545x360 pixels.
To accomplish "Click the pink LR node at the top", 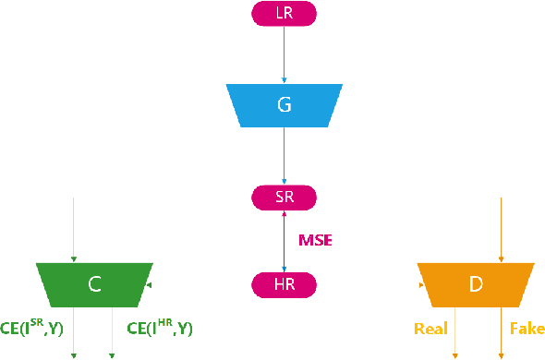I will click(284, 13).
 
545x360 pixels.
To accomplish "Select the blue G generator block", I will click(284, 105).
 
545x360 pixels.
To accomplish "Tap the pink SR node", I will click(284, 198).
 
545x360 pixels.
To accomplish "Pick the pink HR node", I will click(284, 284).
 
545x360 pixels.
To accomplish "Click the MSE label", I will click(314, 241).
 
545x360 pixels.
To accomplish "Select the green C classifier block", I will click(93, 285).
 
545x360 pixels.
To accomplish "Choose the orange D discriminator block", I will click(475, 285).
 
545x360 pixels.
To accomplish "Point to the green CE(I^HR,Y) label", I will click(159, 328).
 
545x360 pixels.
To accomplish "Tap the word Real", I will click(430, 328).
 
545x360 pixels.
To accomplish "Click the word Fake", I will click(527, 328).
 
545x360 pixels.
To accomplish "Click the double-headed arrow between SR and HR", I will click(284, 241).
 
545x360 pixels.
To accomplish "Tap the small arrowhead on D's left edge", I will click(420, 285).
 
